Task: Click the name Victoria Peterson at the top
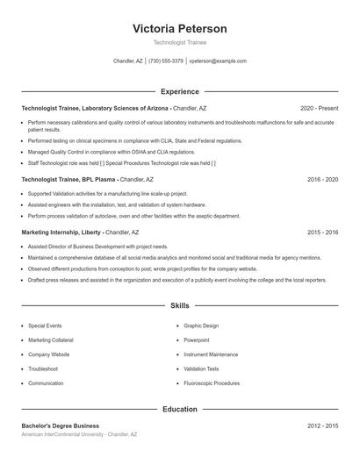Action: pos(180,28)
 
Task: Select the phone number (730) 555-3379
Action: pos(166,61)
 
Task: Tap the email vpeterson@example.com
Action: pos(218,61)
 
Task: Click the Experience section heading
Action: pos(180,91)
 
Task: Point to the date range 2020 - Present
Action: pos(319,108)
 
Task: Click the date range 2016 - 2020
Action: pos(322,179)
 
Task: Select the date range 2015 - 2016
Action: pos(322,232)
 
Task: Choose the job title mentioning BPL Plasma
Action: pos(68,179)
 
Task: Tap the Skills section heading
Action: pos(180,306)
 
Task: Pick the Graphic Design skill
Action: pos(201,325)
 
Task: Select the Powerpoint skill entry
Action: pos(197,340)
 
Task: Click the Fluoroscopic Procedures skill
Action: pos(212,383)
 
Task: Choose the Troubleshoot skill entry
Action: pos(43,368)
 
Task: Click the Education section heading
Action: pos(180,409)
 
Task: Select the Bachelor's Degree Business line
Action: pos(61,426)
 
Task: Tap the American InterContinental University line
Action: pos(80,435)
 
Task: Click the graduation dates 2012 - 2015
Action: pos(322,426)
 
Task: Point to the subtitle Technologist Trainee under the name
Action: pos(180,42)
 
